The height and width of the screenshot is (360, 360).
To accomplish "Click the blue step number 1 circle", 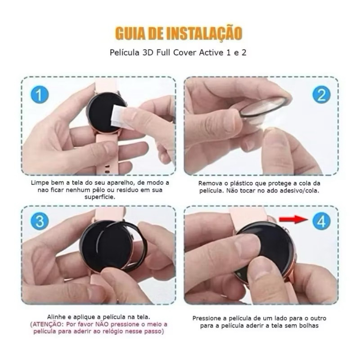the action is click(40, 94).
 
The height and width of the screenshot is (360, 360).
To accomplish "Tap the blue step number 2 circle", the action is click(321, 94).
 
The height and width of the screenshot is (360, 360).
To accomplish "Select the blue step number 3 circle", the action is click(40, 221).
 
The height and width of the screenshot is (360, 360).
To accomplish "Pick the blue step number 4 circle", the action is click(321, 221).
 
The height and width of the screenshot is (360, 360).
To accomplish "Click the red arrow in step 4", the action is click(294, 219).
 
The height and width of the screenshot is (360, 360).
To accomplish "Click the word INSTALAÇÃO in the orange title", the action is click(204, 33).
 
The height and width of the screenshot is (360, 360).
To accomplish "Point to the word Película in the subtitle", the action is click(124, 53).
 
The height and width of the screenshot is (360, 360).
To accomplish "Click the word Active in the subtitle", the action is click(211, 53).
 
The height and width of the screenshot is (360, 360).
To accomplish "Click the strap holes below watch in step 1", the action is click(107, 169).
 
